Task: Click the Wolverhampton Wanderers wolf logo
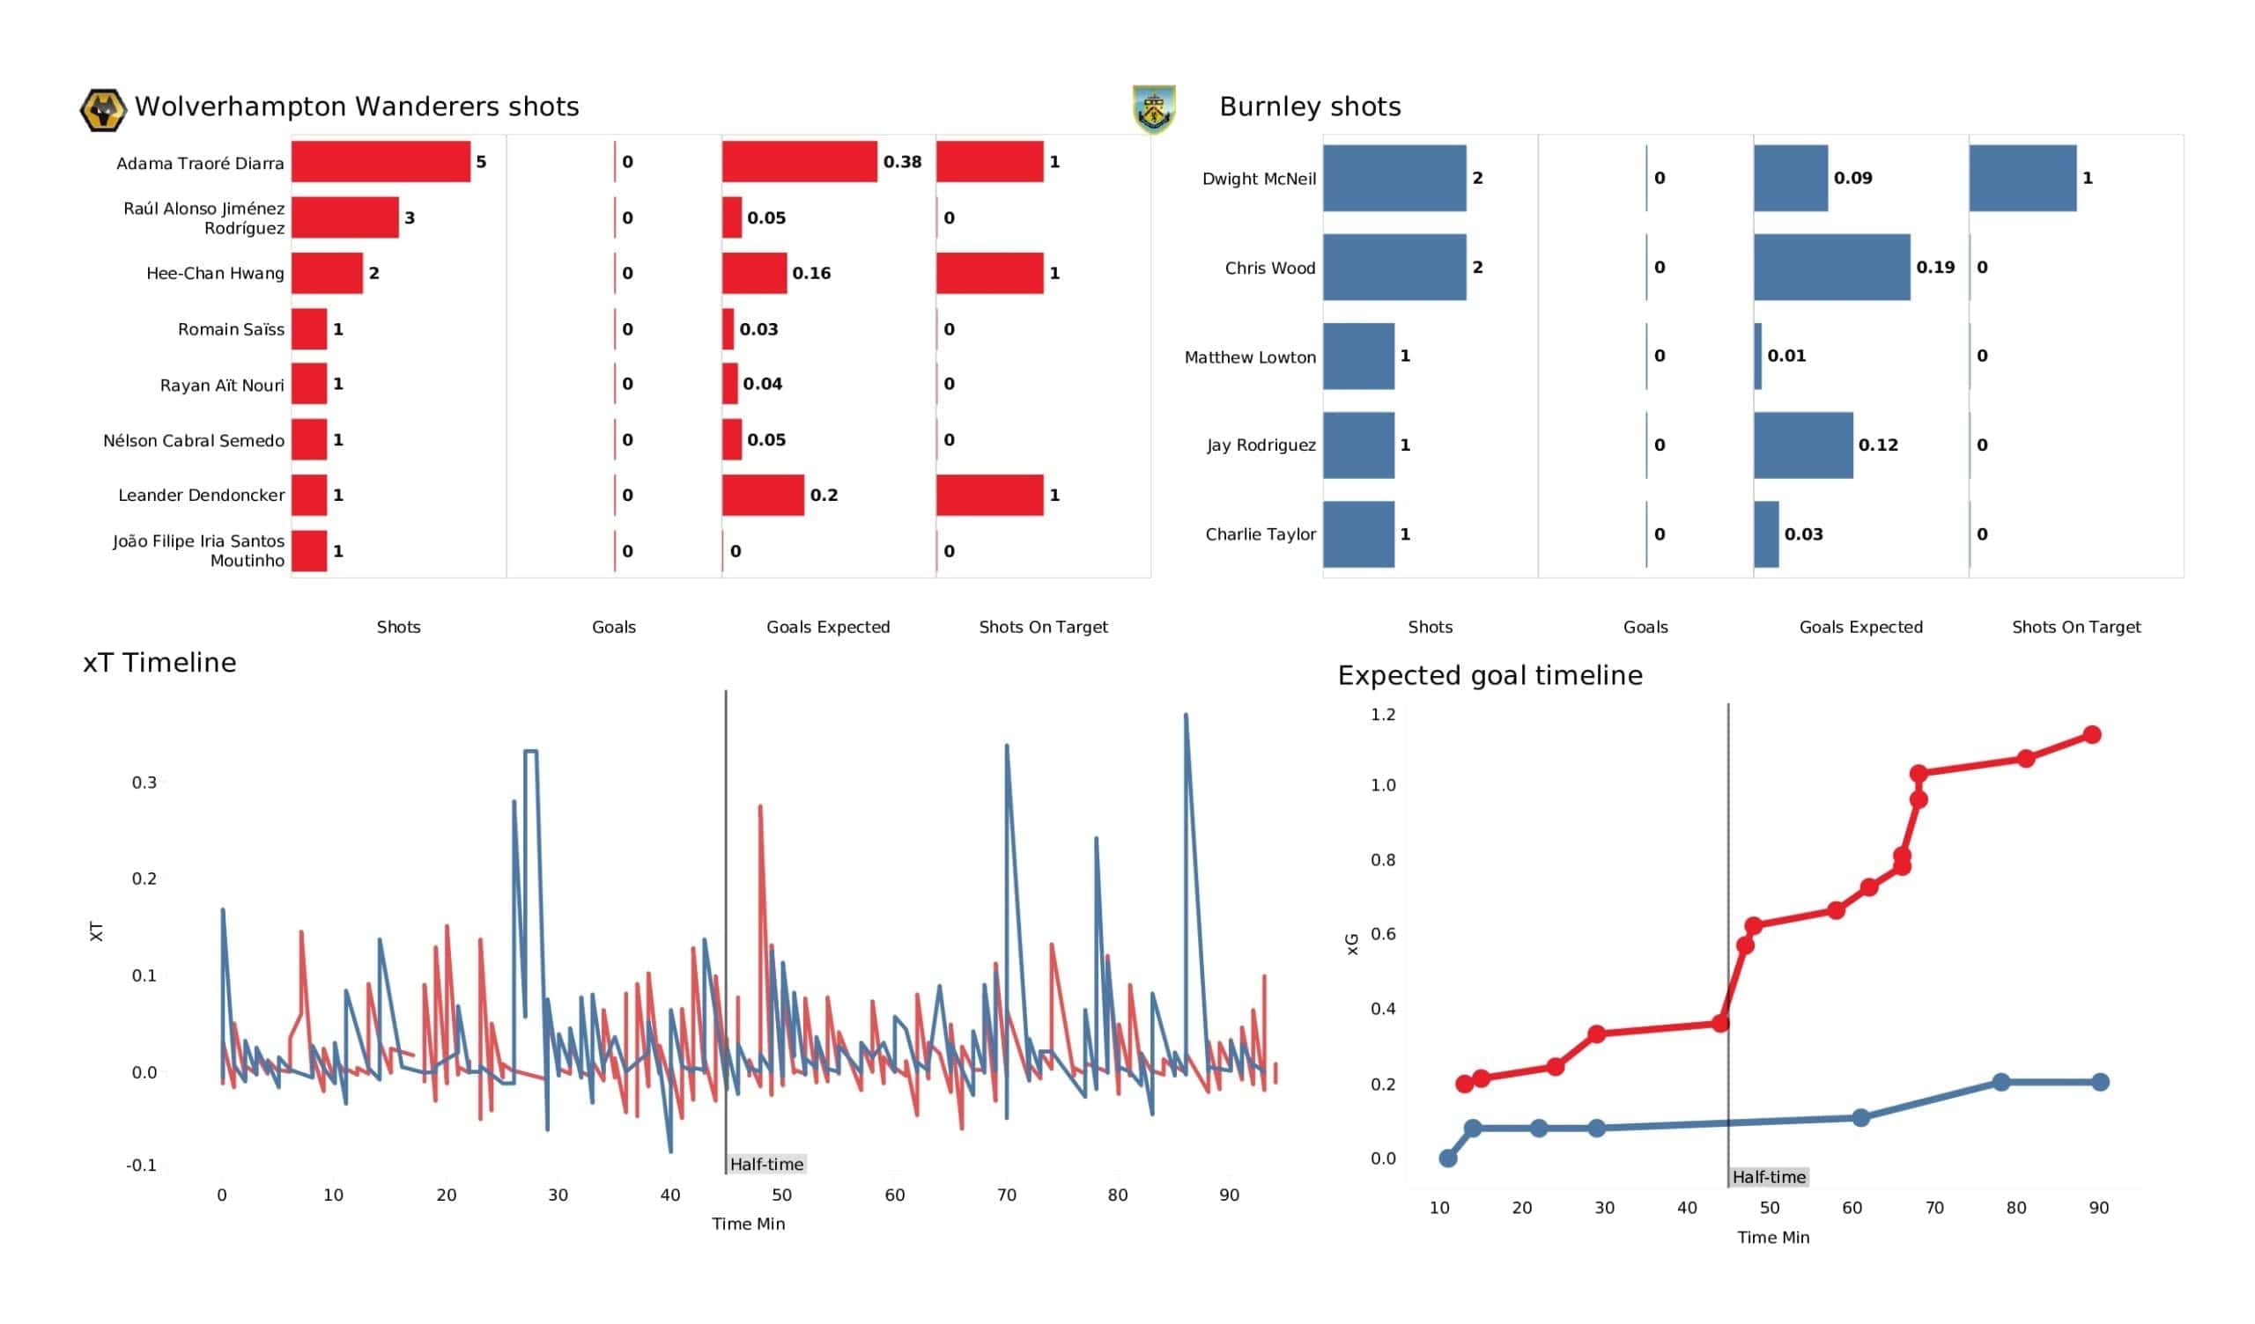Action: coord(102,110)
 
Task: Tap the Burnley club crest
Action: coord(1153,108)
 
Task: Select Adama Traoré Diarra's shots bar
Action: coord(381,162)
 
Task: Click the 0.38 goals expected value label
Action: coord(902,162)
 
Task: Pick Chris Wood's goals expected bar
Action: coord(1830,268)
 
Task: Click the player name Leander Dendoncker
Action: coord(202,496)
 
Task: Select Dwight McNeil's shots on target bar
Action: coord(2022,178)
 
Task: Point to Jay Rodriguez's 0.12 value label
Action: coord(1877,445)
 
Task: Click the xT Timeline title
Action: coord(159,663)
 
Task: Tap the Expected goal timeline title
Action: coord(1489,675)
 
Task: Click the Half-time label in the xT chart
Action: coord(766,1164)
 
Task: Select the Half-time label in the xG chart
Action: coord(1768,1177)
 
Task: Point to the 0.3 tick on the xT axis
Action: coord(144,783)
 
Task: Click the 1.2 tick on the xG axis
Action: coord(1383,715)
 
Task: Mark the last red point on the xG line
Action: coord(2091,734)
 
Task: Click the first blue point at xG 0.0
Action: coord(1448,1158)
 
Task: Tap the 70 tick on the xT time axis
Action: coord(1006,1195)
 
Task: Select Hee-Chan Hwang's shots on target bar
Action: coord(990,273)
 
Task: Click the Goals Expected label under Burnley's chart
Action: coord(1860,627)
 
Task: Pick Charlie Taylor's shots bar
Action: coord(1358,534)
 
